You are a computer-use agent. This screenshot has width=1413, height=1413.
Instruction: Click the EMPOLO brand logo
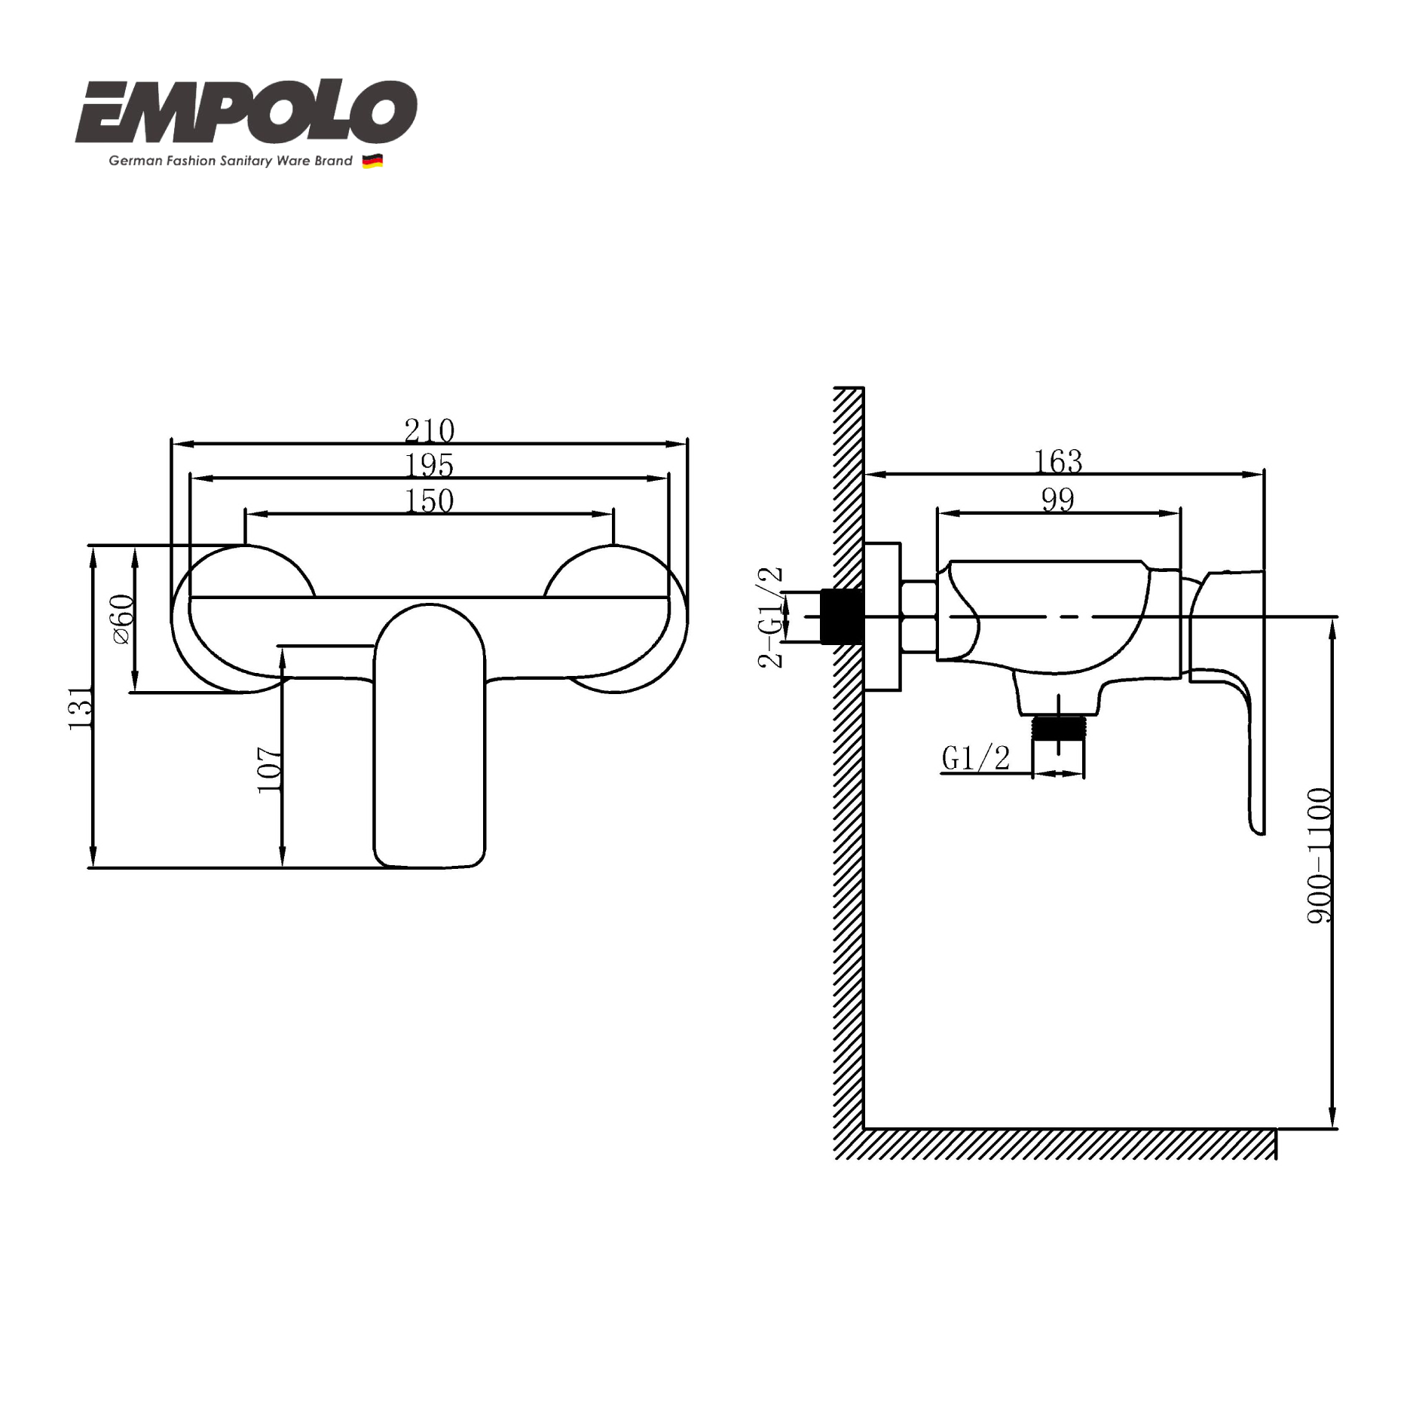coord(246,113)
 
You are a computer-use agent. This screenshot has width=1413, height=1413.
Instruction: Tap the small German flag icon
coord(372,161)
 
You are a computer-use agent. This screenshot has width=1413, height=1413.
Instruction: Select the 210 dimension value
coord(429,430)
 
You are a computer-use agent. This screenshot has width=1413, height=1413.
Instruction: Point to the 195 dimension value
coord(429,465)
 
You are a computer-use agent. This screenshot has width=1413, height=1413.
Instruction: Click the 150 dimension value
coord(429,500)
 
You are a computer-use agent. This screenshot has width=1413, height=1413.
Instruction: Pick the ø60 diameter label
coord(123,619)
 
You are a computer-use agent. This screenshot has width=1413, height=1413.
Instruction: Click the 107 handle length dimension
coord(269,769)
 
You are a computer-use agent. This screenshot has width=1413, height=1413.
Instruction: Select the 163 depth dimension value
coord(1057,461)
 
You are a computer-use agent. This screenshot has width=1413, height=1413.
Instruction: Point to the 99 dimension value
coord(1057,499)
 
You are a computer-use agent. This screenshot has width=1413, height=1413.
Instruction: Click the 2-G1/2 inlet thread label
coord(769,617)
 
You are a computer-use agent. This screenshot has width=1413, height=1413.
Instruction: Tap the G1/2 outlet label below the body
coord(975,757)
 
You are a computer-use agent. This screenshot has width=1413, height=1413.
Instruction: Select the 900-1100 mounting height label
coord(1319,855)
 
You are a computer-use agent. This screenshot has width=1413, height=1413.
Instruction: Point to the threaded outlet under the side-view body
coord(1058,728)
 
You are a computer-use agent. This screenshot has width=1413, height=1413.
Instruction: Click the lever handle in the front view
coord(429,739)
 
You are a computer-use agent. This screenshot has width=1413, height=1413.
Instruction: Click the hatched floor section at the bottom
coord(1055,1143)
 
